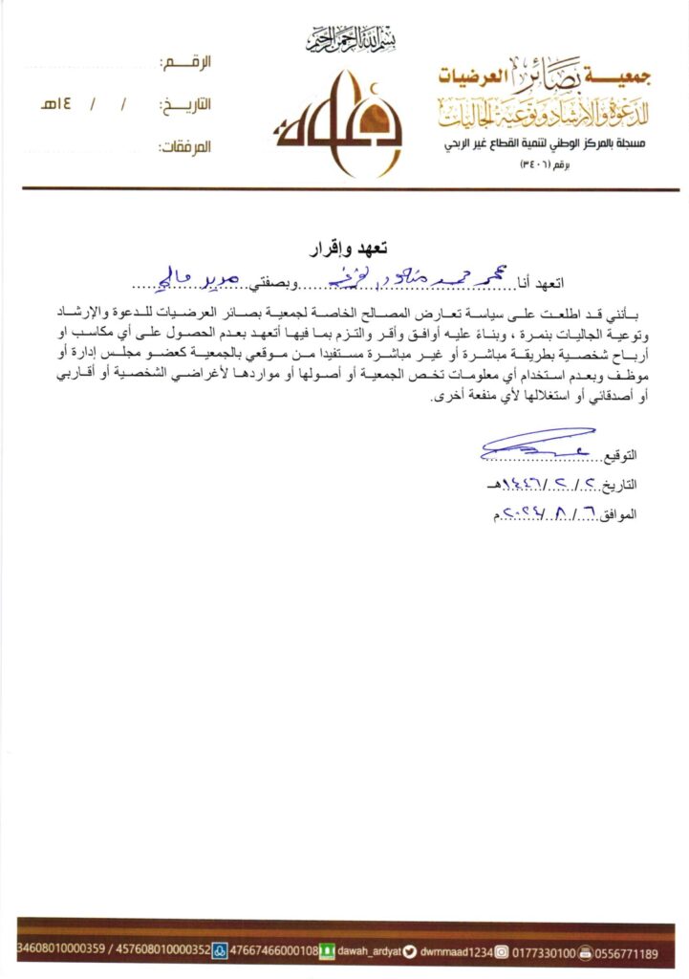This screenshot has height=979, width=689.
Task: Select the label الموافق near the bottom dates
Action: point(620,514)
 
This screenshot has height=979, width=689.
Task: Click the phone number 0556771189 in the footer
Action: point(627,953)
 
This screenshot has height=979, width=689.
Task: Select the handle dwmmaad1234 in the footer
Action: point(456,953)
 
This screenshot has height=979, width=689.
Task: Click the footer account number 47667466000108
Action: point(274,953)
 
